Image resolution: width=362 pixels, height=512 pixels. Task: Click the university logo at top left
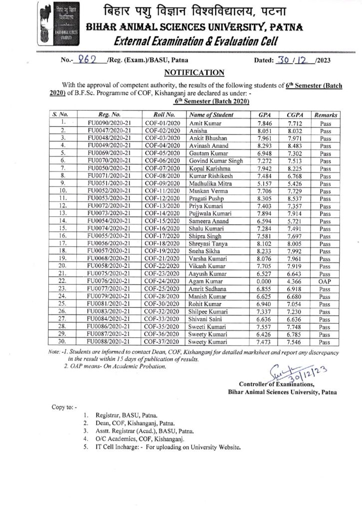click(53, 26)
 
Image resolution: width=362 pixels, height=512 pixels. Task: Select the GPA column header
click(265, 114)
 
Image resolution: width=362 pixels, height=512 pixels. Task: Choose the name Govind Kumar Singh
click(216, 160)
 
